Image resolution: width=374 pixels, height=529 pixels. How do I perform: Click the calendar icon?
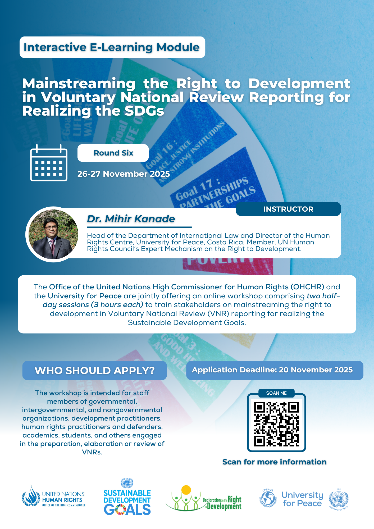tap(49, 163)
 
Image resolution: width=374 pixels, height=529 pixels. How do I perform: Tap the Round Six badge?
tap(113, 153)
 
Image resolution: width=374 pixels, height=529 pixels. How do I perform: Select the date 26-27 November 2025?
tap(124, 174)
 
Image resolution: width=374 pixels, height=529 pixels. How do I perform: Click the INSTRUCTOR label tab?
tap(288, 209)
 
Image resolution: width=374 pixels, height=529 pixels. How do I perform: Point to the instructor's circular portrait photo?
tap(53, 234)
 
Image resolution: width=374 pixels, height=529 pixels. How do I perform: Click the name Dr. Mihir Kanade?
tap(131, 219)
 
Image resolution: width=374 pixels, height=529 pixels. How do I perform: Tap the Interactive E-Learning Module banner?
tap(112, 47)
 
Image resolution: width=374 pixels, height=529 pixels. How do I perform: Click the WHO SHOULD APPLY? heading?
tap(94, 370)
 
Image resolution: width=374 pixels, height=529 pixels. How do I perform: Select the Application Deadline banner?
tap(274, 370)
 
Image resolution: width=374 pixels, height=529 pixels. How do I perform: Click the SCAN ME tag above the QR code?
tap(276, 393)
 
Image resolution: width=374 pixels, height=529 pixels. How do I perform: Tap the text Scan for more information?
tap(274, 462)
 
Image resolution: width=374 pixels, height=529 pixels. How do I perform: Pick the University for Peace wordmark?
tap(302, 499)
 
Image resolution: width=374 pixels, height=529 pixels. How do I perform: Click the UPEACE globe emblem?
tap(268, 498)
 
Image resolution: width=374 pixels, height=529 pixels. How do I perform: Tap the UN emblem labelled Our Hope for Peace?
tap(339, 499)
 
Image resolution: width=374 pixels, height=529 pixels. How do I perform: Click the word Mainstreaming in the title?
tap(79, 84)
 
